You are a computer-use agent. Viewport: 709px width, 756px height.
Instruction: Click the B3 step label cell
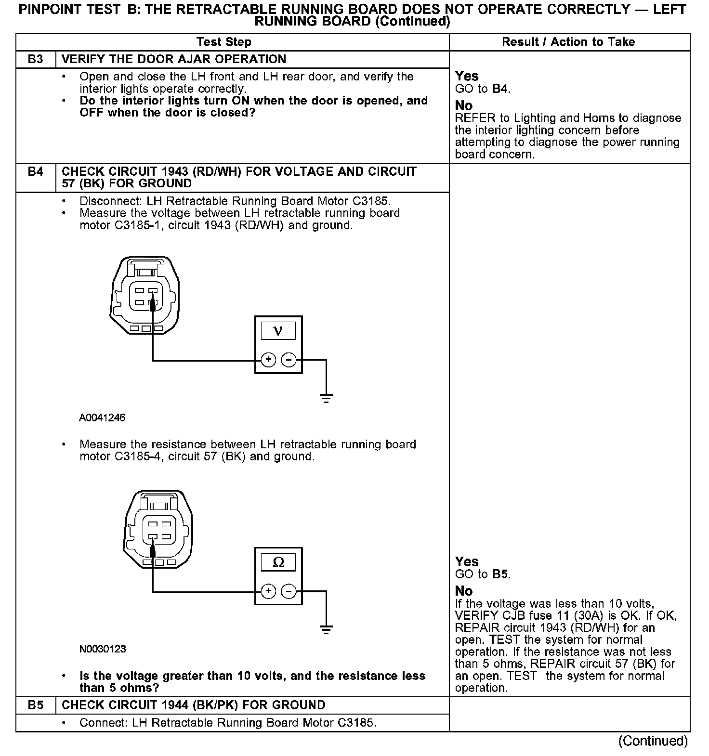36,59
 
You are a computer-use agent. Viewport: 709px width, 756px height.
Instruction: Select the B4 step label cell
36,172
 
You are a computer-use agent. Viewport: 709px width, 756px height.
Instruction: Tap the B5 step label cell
36,705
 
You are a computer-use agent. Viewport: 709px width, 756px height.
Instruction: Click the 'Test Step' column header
224,42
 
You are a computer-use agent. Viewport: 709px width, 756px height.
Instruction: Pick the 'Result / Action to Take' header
568,42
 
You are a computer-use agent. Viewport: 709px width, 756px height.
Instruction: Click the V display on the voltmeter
278,331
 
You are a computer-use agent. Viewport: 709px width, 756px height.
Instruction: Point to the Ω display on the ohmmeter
278,562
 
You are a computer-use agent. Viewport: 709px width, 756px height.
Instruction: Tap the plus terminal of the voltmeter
268,360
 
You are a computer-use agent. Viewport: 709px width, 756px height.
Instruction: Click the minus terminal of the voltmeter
289,360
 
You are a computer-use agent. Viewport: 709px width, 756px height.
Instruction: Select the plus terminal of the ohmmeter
268,591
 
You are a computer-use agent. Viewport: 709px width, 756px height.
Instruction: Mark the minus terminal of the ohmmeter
289,591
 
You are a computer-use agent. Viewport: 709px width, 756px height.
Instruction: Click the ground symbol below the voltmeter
326,398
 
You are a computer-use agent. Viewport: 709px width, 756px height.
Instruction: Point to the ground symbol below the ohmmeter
326,629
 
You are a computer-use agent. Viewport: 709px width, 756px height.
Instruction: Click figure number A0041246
102,417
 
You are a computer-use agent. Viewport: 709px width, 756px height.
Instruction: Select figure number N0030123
103,649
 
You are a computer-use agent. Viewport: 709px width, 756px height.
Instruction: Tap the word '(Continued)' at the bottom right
653,741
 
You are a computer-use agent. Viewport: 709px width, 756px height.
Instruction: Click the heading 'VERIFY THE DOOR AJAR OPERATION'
174,59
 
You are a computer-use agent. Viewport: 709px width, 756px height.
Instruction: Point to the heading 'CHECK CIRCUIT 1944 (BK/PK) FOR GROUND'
194,705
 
